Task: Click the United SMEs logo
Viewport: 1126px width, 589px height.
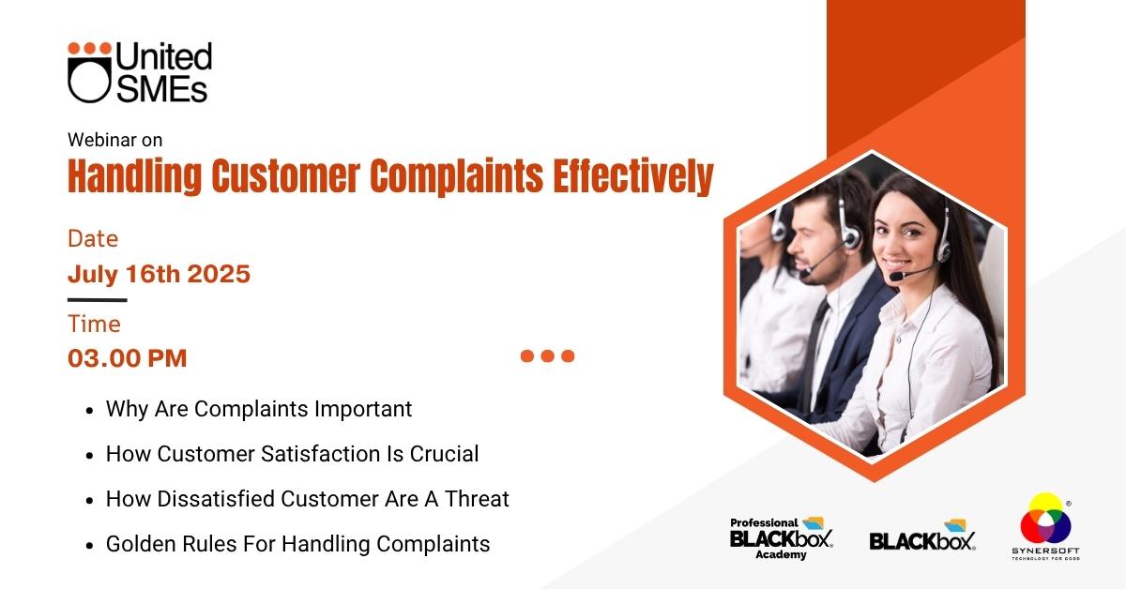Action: (140, 72)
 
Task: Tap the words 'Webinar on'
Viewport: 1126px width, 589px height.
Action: (115, 140)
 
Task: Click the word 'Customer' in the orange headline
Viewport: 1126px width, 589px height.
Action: (285, 176)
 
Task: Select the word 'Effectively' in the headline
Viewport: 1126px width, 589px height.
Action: (632, 177)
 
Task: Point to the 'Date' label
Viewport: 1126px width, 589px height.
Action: (93, 239)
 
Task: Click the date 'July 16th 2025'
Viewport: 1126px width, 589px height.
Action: (159, 275)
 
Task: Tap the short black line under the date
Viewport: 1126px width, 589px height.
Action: (97, 300)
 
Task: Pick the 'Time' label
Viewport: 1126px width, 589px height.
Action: (95, 325)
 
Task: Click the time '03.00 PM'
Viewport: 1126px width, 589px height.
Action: (128, 358)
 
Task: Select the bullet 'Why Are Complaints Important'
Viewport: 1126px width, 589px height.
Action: (259, 409)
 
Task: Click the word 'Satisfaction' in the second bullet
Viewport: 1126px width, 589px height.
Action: (320, 454)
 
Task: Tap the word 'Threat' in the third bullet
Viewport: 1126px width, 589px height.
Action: (477, 499)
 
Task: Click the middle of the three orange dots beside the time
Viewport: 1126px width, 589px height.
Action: (547, 355)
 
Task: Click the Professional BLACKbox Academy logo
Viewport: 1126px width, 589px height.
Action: (781, 538)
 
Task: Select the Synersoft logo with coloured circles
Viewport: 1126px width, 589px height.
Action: (1045, 526)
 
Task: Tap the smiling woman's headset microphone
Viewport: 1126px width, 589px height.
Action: (897, 277)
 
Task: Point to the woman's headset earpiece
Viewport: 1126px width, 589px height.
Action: (944, 247)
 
